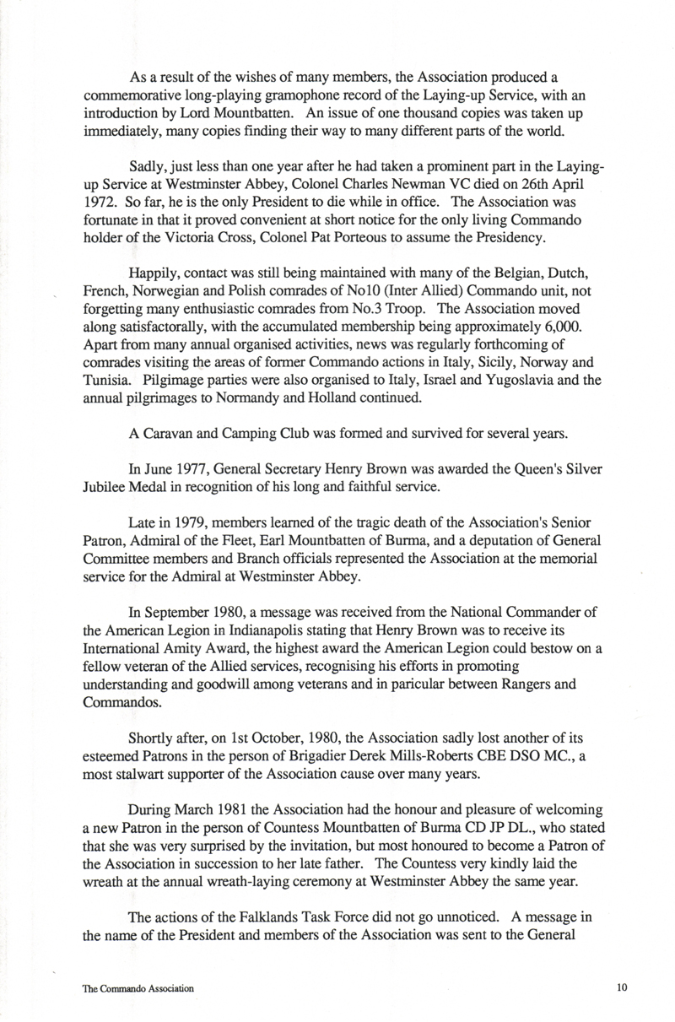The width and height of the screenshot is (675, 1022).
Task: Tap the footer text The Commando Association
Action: tap(138, 987)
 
